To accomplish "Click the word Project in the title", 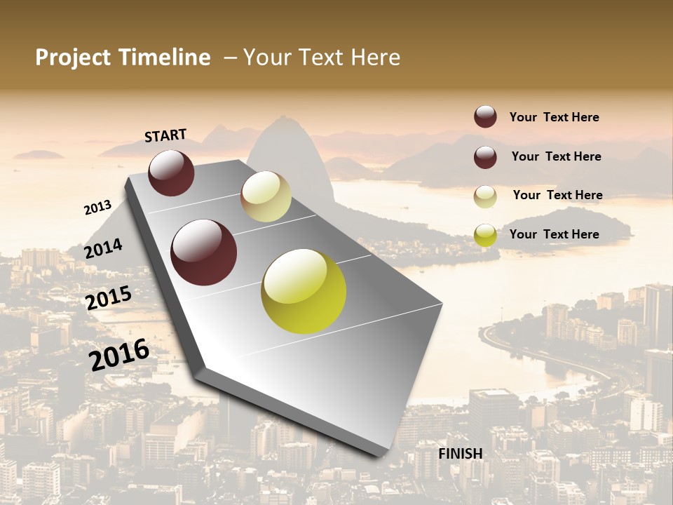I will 72,58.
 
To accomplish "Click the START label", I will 165,135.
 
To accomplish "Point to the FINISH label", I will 461,454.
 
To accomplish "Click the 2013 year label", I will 98,208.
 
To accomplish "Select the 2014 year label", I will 104,248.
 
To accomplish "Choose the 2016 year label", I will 119,354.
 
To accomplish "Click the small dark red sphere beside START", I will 171,173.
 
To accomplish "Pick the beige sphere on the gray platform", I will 266,196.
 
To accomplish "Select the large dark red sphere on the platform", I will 204,252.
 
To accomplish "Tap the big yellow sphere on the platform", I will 304,291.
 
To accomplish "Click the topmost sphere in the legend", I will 485,117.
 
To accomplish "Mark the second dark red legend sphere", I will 485,157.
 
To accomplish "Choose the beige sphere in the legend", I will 485,196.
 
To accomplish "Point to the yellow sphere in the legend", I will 485,235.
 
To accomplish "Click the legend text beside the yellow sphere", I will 554,234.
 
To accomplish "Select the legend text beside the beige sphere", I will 557,195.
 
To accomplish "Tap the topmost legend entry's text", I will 554,118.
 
